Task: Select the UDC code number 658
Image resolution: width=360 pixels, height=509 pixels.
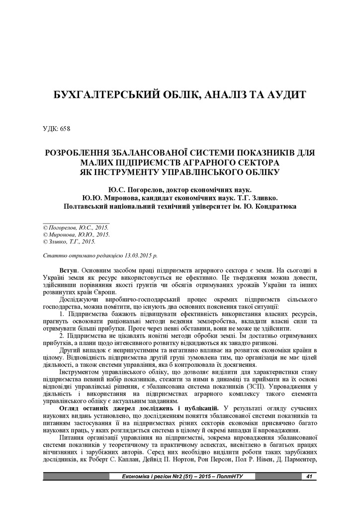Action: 65,129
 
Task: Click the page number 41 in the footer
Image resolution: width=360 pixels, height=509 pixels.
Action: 309,477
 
